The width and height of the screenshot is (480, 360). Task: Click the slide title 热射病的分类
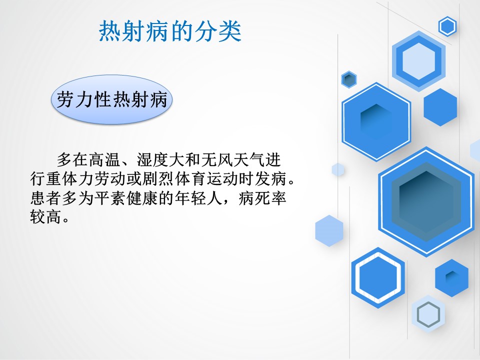[170, 31]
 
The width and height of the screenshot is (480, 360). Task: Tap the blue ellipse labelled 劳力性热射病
[111, 100]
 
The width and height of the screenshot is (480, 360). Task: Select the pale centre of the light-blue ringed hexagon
[418, 61]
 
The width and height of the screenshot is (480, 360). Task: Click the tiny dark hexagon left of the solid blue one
[349, 79]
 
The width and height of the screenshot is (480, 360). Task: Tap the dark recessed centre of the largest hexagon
[426, 201]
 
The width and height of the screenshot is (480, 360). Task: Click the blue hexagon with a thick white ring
[378, 277]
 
